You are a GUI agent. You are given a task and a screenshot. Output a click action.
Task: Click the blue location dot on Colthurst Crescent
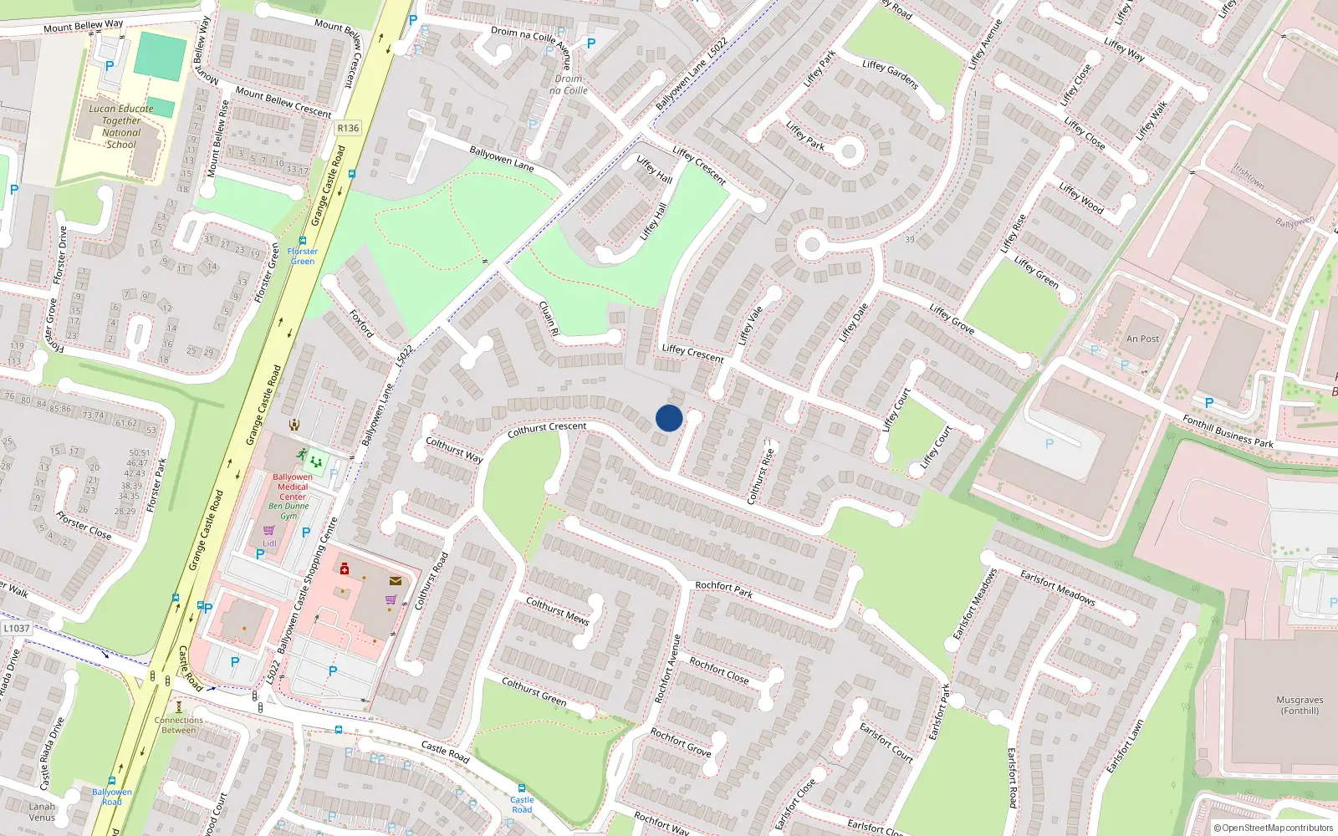[x=669, y=418]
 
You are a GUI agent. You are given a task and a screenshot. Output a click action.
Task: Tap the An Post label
[x=1142, y=339]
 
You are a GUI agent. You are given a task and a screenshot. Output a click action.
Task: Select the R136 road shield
[x=348, y=128]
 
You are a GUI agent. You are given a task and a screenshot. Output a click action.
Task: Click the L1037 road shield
[x=17, y=628]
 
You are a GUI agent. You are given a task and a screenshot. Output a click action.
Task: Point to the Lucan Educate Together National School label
[x=121, y=126]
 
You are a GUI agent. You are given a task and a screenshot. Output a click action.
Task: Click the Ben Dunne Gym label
[x=289, y=511]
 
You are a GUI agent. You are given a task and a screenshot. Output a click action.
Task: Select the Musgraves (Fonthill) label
[x=1300, y=706]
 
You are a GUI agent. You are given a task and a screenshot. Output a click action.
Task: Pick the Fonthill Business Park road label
[x=1228, y=431]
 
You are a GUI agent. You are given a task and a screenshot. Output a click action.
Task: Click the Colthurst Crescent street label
[x=547, y=429]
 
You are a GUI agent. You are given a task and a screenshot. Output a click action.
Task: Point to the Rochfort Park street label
[x=724, y=589]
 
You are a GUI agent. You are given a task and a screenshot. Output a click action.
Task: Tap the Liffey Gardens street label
[x=891, y=74]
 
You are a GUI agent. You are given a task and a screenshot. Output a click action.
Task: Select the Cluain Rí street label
[x=549, y=319]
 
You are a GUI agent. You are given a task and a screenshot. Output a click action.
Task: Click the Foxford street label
[x=361, y=323]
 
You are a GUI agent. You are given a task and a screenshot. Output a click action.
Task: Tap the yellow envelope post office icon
[x=396, y=580]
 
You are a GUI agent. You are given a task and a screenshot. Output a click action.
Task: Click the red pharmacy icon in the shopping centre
[x=344, y=569]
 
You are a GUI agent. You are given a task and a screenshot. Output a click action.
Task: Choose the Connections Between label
[x=178, y=725]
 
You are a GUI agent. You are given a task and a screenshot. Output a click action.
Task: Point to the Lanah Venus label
[x=42, y=812]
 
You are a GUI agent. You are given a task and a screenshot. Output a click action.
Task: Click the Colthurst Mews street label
[x=557, y=611]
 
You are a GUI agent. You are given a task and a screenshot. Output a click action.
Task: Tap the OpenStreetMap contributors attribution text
[x=1273, y=828]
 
